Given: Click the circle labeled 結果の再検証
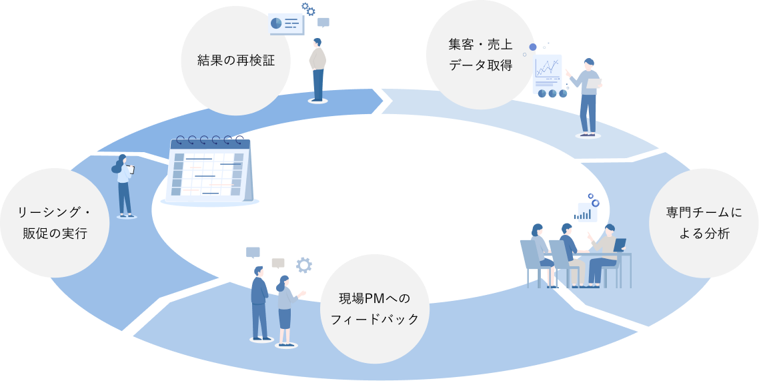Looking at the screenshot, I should [235, 61].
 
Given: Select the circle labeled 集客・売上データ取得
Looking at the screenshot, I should [480, 55].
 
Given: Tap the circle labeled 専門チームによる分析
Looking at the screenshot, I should [703, 223].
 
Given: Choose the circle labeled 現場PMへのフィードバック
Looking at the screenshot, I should [375, 308].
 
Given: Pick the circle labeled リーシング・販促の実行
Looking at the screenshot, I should [54, 223].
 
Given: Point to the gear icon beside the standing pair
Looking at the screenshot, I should [303, 265].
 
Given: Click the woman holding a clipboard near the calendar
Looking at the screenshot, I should [124, 186].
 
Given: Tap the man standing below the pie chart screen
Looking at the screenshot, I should [318, 69].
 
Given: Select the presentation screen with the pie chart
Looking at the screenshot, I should [286, 24].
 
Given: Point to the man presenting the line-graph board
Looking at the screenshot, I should [588, 97].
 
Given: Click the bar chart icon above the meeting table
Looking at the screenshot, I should [587, 212].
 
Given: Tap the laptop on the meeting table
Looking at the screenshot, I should [620, 245].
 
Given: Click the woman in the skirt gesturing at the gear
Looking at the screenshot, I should [285, 310].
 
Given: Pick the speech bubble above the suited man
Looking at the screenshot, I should [253, 252].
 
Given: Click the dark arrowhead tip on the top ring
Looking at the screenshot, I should [386, 101].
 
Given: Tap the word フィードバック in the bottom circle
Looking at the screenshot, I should [375, 320].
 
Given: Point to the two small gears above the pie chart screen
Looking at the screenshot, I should [308, 9].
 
